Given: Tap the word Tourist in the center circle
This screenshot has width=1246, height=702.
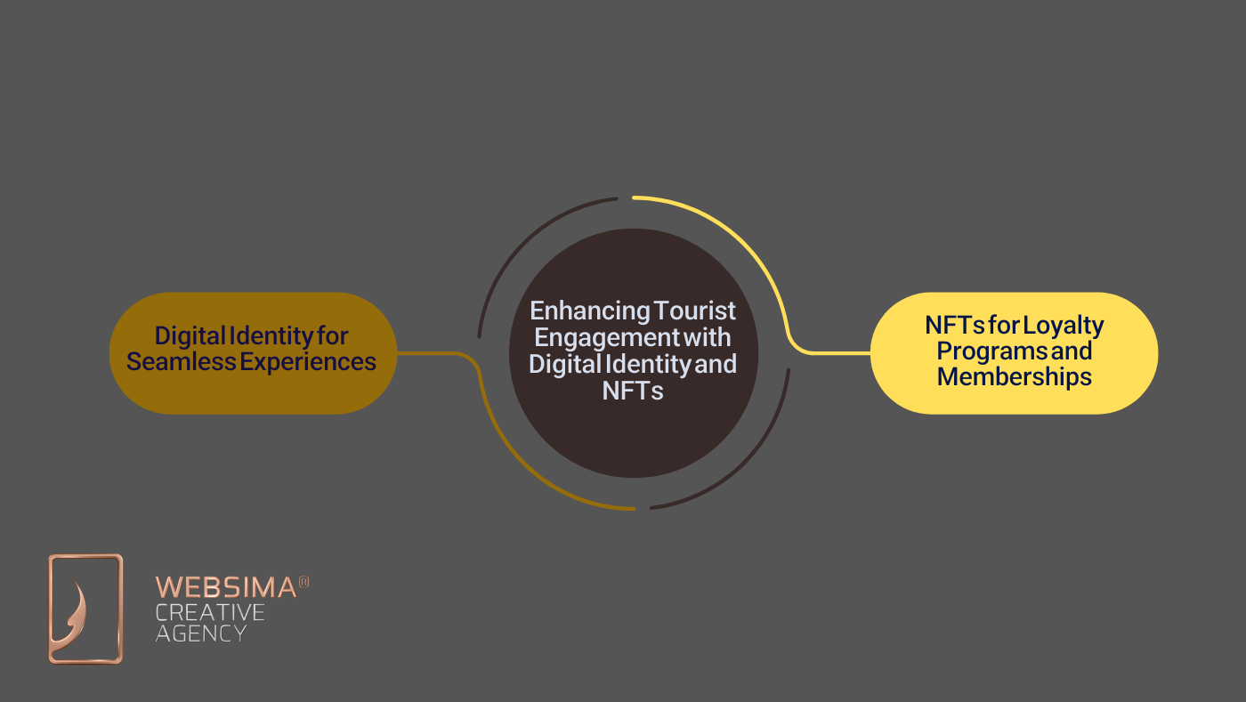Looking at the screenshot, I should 695,311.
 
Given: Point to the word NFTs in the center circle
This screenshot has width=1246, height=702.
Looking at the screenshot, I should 633,390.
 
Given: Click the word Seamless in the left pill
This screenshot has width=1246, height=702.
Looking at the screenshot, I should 176,361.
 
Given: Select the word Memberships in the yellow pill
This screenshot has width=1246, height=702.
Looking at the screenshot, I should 1014,376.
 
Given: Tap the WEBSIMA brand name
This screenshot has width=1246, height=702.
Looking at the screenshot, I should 226,587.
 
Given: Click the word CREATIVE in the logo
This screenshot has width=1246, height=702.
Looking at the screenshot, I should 210,612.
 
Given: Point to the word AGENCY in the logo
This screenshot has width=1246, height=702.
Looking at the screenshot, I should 201,633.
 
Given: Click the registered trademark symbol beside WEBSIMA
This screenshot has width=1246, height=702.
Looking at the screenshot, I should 303,582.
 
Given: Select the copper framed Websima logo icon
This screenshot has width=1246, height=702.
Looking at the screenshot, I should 85,609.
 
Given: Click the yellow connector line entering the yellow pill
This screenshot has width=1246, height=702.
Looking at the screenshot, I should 837,353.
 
